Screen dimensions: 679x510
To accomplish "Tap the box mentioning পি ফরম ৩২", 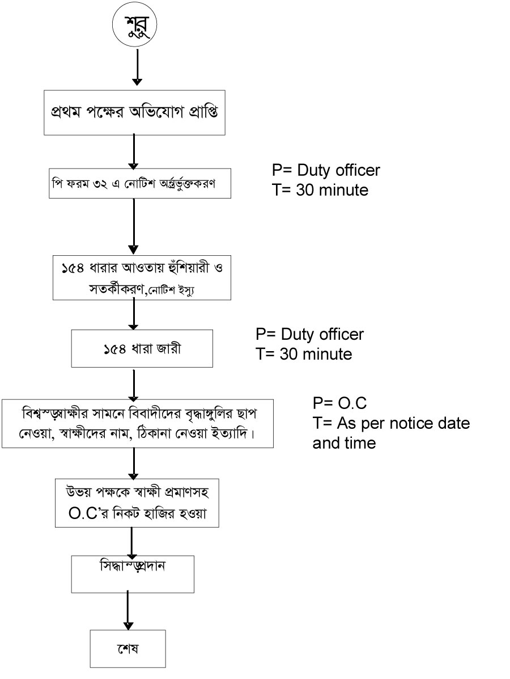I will [141, 183].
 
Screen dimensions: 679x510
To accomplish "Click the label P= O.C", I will [340, 403].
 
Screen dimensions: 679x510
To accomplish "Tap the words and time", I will [344, 443].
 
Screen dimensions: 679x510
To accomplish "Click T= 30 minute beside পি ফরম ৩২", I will [320, 190].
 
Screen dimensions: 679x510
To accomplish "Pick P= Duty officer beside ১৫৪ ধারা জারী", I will [310, 334].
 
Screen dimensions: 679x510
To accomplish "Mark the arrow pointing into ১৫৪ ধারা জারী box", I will [134, 315].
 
